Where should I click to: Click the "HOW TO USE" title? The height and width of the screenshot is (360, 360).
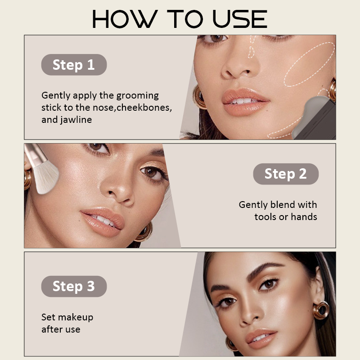point(180,19)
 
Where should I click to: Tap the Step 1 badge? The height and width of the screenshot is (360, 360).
point(74,65)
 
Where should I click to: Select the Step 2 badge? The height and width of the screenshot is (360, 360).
point(286,174)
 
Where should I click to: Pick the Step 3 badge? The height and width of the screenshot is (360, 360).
point(74,286)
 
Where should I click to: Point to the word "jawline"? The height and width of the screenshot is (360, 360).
point(76,120)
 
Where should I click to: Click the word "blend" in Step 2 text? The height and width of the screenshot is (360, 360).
point(283,205)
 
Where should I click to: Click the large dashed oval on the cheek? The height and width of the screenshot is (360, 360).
point(309,64)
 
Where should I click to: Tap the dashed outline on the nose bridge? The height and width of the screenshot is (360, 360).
point(252,47)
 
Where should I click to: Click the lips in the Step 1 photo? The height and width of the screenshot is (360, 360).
point(245,102)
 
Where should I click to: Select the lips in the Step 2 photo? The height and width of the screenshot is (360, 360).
point(103,222)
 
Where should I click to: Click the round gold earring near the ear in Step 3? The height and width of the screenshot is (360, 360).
point(321,310)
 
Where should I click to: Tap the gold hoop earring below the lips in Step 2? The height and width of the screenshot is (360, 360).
point(144,232)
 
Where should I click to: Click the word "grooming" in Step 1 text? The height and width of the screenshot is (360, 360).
point(137,96)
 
